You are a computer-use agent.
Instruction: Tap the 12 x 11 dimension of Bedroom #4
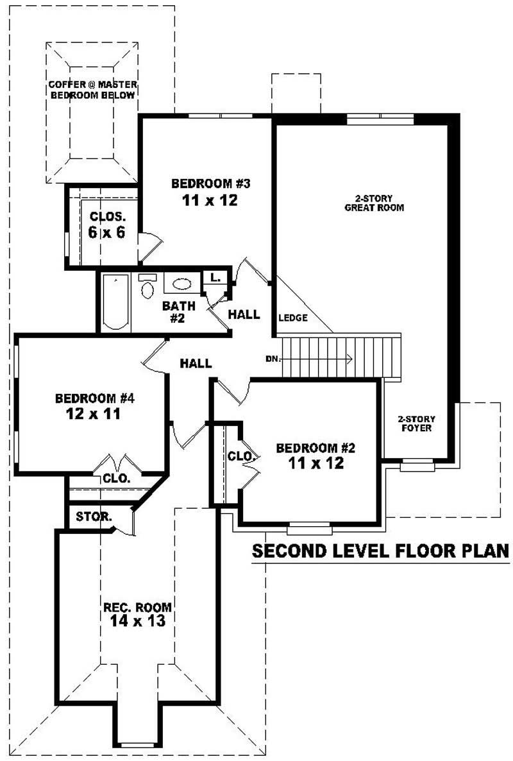[94, 414]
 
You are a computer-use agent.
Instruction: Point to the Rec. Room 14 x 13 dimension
[137, 621]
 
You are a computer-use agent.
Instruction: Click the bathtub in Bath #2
[115, 303]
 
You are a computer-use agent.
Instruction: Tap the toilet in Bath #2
[147, 288]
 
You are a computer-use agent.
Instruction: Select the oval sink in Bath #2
[182, 284]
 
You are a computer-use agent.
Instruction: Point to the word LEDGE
[293, 318]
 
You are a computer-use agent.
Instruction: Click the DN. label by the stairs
[273, 359]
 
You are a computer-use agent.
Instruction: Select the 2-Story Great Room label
[374, 203]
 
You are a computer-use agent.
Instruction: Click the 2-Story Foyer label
[416, 423]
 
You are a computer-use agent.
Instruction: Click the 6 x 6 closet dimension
[106, 232]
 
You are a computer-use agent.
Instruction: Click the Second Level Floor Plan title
[380, 551]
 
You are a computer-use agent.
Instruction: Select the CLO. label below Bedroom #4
[116, 478]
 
